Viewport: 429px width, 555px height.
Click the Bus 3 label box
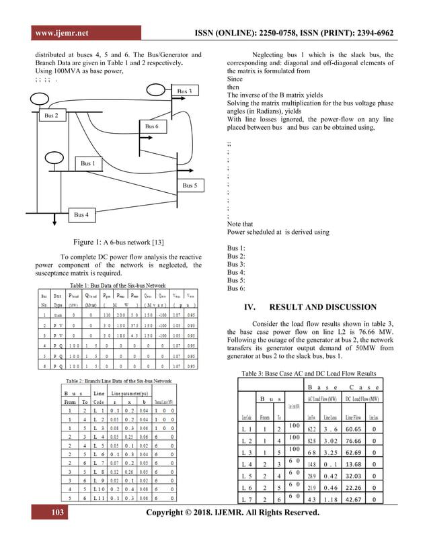point(185,90)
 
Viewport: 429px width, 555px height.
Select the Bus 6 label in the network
point(152,126)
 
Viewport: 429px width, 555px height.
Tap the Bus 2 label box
point(51,116)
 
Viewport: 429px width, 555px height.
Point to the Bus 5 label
point(189,185)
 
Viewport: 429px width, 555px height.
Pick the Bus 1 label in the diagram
point(87,163)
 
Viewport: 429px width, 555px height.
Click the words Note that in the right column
point(241,224)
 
